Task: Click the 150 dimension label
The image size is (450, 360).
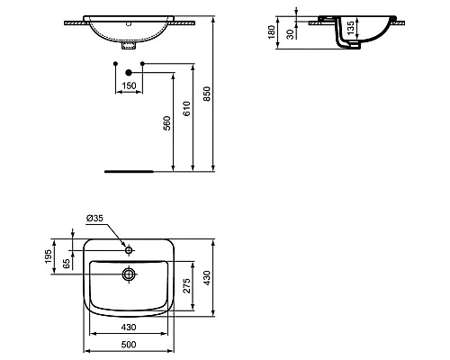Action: pyautogui.click(x=130, y=85)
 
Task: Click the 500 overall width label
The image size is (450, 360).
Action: pyautogui.click(x=130, y=344)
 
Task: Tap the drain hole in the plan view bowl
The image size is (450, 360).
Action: pyautogui.click(x=130, y=273)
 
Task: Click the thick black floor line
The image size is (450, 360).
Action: pyautogui.click(x=130, y=169)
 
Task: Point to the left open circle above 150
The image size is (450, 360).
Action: pyautogui.click(x=116, y=63)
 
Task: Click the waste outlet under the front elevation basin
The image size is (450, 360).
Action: pyautogui.click(x=130, y=41)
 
